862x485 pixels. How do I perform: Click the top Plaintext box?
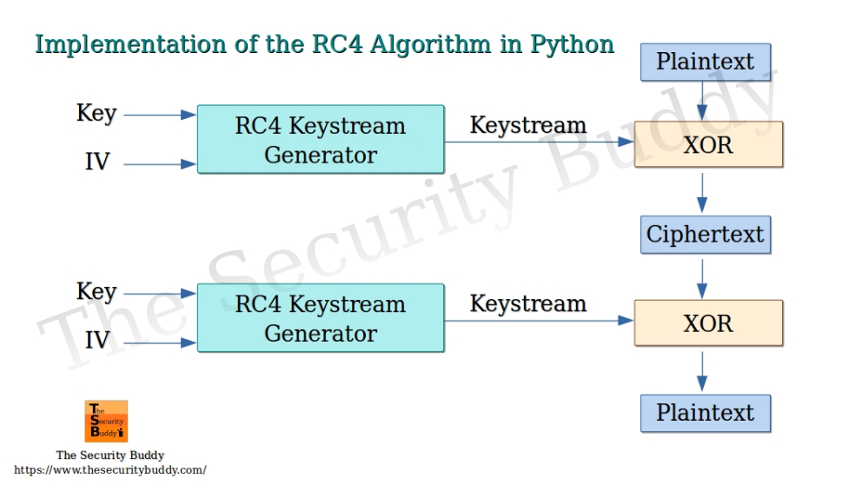pyautogui.click(x=706, y=63)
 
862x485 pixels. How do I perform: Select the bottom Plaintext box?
pyautogui.click(x=706, y=413)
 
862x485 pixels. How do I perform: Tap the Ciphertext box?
pyautogui.click(x=706, y=235)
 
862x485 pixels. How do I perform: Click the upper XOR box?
pyautogui.click(x=708, y=144)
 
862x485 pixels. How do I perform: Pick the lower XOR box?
pyautogui.click(x=708, y=322)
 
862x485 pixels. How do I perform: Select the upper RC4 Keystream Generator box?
pyautogui.click(x=321, y=140)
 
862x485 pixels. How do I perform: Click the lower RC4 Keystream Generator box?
pyautogui.click(x=321, y=318)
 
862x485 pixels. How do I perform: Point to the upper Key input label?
pyautogui.click(x=96, y=114)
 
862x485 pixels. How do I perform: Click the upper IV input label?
pyautogui.click(x=97, y=163)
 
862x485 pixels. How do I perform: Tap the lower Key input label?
pyautogui.click(x=96, y=292)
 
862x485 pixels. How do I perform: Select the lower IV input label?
pyautogui.click(x=97, y=341)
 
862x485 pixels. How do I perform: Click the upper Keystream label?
pyautogui.click(x=527, y=125)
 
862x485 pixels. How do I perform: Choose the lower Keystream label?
pyautogui.click(x=527, y=303)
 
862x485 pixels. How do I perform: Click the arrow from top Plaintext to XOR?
pyautogui.click(x=702, y=101)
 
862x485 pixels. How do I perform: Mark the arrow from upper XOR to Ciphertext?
pyautogui.click(x=702, y=192)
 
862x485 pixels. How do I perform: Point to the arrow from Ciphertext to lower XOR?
pyautogui.click(x=702, y=277)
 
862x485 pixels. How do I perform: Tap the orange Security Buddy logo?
pyautogui.click(x=106, y=422)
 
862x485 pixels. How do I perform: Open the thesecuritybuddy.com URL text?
pyautogui.click(x=110, y=470)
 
